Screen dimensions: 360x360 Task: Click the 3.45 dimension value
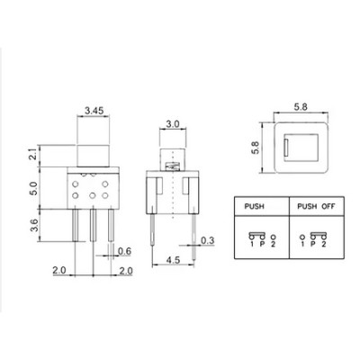tap(93, 115)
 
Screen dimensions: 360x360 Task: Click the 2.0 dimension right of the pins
tap(127, 271)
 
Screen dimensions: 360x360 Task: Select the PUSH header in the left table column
tap(255, 206)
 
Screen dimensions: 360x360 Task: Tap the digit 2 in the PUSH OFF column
tap(323, 243)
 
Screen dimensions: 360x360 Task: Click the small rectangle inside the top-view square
tap(286, 145)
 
